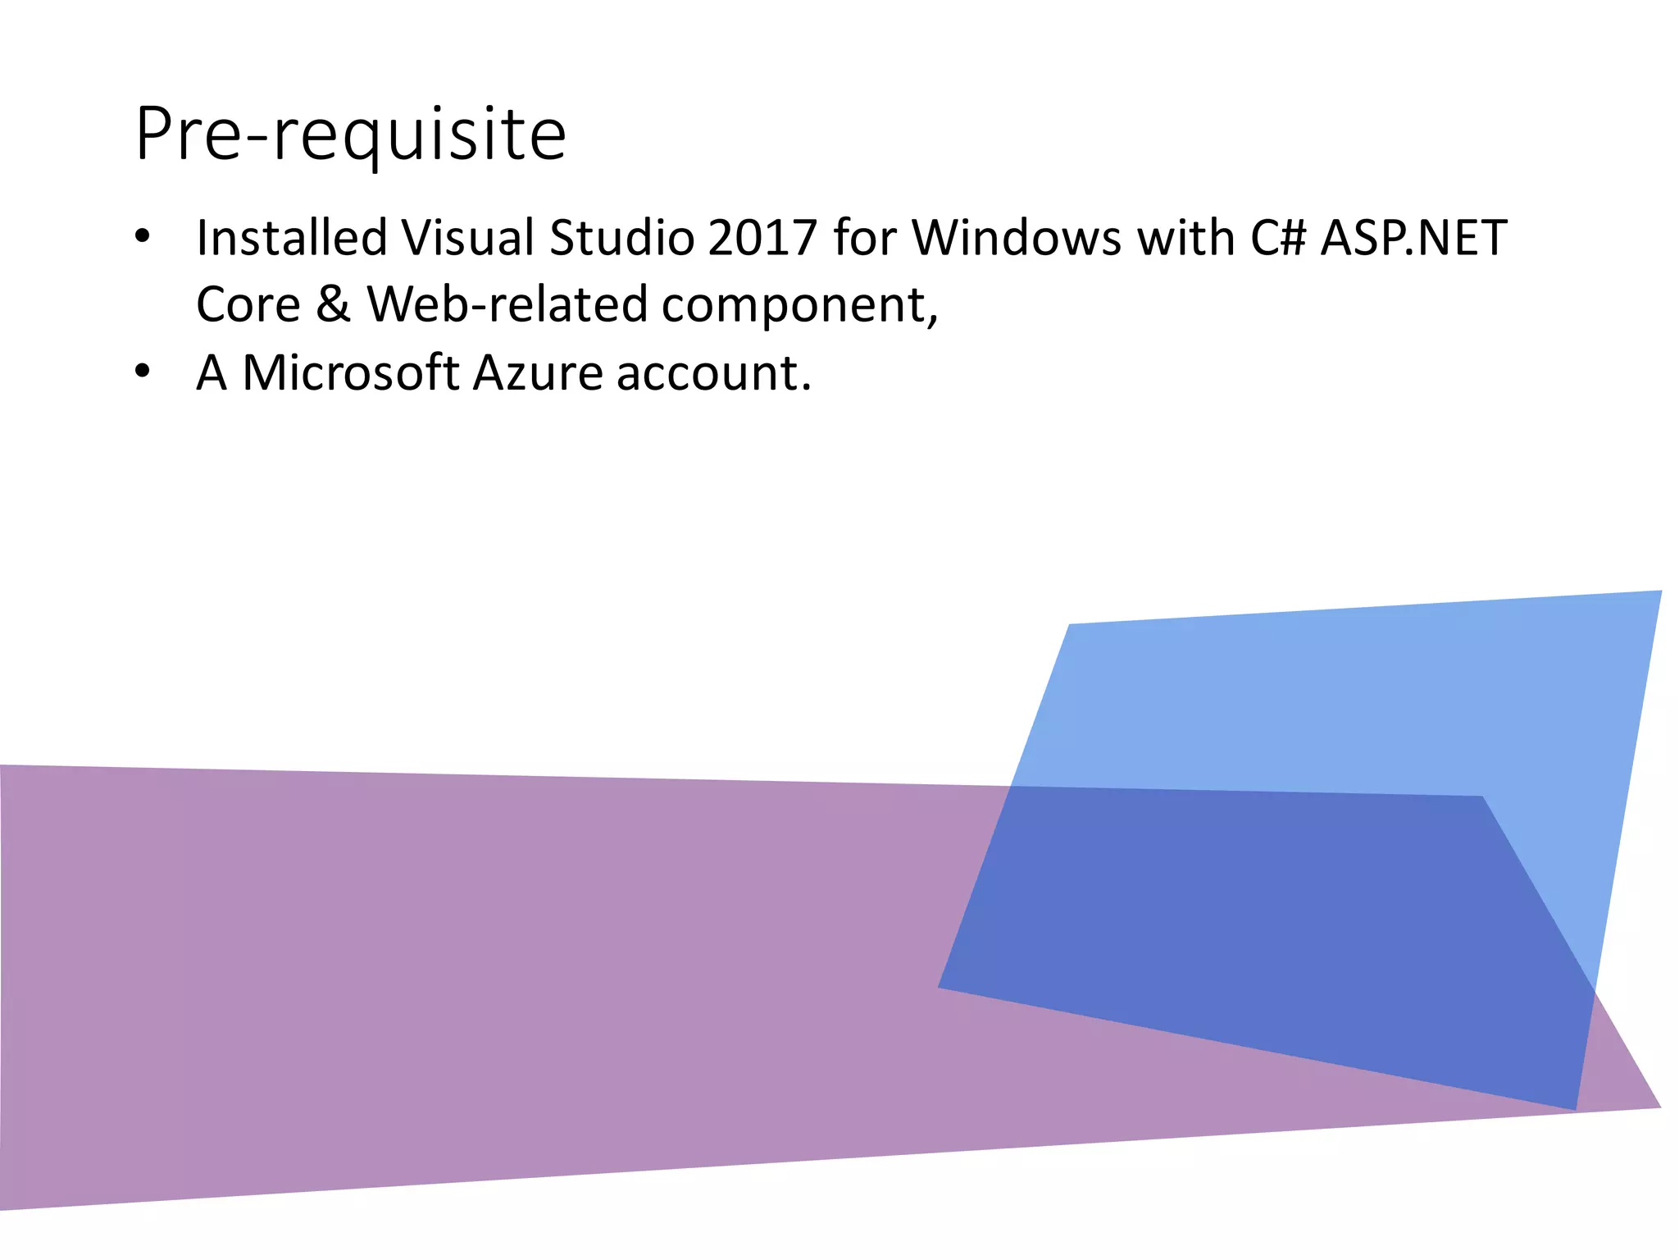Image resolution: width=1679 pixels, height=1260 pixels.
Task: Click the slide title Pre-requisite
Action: click(x=351, y=134)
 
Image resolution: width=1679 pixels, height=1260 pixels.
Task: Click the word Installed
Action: click(x=292, y=238)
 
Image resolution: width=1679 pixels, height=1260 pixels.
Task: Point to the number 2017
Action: click(x=762, y=238)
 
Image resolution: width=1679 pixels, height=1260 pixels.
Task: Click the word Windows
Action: click(x=1016, y=238)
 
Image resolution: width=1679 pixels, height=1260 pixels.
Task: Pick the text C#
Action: click(x=1277, y=238)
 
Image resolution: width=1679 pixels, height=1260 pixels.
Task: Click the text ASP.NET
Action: click(x=1413, y=238)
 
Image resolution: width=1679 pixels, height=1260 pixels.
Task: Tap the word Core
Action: click(x=248, y=305)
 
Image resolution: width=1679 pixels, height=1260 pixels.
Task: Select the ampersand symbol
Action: click(x=333, y=305)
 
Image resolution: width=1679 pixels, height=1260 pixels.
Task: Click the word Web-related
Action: click(x=507, y=305)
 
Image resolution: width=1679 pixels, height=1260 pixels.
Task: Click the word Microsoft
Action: click(x=350, y=373)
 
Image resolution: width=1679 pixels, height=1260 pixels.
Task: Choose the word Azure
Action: click(x=538, y=373)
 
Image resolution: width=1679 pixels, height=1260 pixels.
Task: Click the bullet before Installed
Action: click(x=143, y=237)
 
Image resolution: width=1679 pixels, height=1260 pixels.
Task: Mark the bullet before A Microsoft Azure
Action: click(x=143, y=372)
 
